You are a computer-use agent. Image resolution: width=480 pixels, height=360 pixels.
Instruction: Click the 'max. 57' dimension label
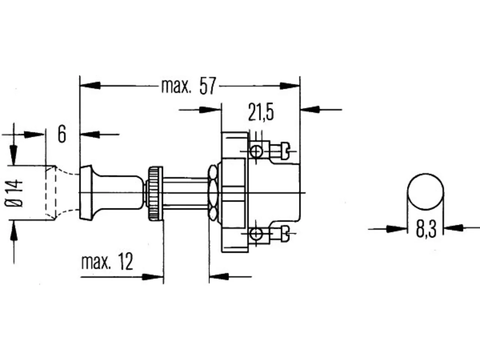pos(189,86)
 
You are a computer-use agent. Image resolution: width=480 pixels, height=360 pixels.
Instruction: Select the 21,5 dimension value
pos(261,112)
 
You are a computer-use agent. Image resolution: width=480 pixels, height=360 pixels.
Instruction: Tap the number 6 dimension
pos(62,134)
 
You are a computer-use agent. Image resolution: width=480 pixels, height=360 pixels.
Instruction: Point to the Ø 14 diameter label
pos(14,193)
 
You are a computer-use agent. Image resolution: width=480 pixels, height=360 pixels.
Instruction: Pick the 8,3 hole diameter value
pos(426,229)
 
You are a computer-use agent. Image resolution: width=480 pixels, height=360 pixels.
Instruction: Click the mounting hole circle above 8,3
pos(426,192)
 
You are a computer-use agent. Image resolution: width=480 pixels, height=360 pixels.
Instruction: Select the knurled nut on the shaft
pos(156,193)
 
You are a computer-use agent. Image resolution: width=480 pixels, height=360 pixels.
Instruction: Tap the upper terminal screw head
pos(285,151)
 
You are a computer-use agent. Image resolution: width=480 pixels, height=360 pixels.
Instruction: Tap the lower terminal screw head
pos(285,234)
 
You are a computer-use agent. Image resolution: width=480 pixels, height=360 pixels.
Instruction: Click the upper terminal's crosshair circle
pos(256,151)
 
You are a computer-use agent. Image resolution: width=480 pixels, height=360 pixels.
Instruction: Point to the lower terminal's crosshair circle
pos(256,234)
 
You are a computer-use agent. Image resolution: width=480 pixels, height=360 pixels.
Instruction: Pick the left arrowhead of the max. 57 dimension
pos(90,85)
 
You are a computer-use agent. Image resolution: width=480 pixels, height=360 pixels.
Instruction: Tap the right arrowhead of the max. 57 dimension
pos(289,86)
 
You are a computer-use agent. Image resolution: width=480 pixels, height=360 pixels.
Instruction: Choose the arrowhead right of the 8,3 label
pos(454,228)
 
